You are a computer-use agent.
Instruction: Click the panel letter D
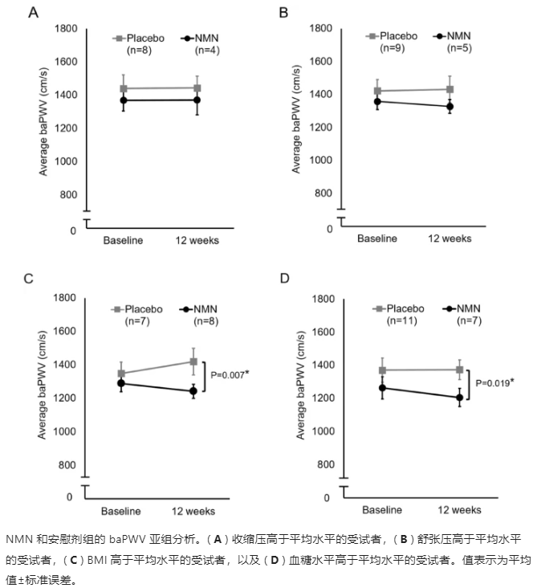tap(283, 279)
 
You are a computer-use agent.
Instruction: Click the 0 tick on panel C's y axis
tap(70, 496)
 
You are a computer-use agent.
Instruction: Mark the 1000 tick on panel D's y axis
tap(325, 431)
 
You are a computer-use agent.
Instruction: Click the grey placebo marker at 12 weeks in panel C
tap(193, 361)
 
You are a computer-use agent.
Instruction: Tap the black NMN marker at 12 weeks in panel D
tap(460, 398)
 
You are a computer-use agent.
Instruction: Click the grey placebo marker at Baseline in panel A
tap(124, 88)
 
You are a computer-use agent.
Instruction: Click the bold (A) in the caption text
tap(197, 537)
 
